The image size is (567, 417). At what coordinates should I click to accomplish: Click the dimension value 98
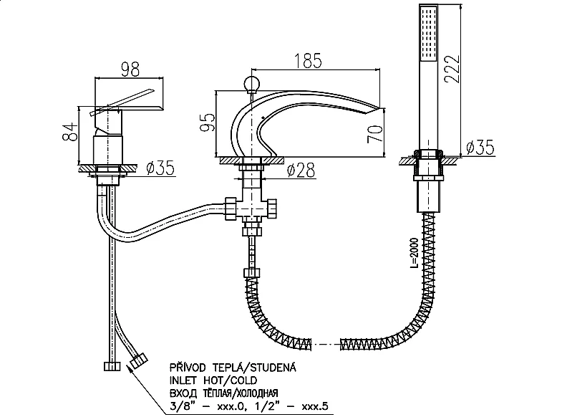click(130, 69)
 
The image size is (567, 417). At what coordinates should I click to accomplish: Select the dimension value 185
click(308, 60)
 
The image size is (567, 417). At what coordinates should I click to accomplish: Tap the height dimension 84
click(70, 131)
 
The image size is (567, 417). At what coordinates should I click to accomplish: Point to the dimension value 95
click(208, 123)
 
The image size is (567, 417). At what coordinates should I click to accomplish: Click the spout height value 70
click(374, 134)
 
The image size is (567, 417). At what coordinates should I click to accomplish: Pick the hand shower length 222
click(452, 69)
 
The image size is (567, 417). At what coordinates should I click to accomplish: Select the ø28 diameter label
click(301, 170)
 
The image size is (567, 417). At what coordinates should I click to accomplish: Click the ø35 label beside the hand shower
click(480, 147)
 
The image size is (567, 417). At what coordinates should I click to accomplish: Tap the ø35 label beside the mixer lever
click(160, 168)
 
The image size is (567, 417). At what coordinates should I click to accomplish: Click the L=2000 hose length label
click(414, 253)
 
